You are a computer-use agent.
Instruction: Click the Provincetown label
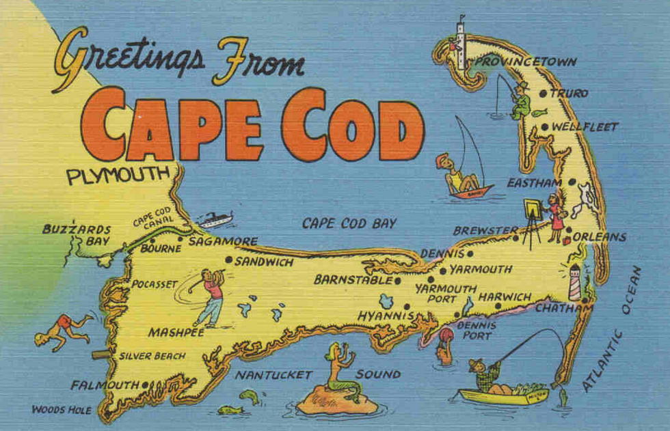(525, 62)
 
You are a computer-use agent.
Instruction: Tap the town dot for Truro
(544, 94)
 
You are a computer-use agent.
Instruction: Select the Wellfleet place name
(585, 127)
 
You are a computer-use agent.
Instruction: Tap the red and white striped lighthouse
(575, 281)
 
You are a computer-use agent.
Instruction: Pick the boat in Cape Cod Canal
(215, 219)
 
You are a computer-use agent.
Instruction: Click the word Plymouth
(118, 176)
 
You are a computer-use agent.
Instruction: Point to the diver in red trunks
(64, 329)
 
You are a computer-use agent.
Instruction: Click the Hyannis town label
(386, 316)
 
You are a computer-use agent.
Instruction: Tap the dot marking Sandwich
(229, 260)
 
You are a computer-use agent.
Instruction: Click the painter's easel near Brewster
(531, 221)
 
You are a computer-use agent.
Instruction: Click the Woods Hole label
(61, 410)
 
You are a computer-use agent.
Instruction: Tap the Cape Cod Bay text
(349, 223)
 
